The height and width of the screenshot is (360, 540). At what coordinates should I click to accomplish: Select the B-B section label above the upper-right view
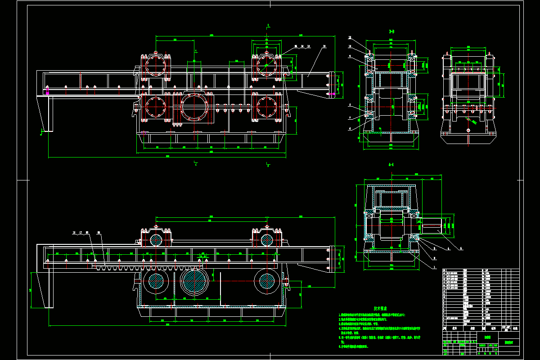(x=391, y=31)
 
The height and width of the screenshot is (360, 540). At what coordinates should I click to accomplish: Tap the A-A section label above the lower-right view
(x=391, y=165)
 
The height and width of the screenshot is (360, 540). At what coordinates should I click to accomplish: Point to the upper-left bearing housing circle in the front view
(x=156, y=66)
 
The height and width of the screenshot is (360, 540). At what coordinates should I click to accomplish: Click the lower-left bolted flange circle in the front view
(x=156, y=107)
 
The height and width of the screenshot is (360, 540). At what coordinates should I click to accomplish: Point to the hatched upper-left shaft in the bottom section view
(x=156, y=239)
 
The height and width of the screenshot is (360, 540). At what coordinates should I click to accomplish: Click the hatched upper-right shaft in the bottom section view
(x=266, y=239)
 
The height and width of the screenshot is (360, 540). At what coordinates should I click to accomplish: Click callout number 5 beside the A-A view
(x=460, y=248)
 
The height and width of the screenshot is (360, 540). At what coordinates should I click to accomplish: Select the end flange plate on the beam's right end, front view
(x=333, y=83)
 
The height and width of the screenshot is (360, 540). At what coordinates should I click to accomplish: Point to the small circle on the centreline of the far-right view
(x=468, y=130)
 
